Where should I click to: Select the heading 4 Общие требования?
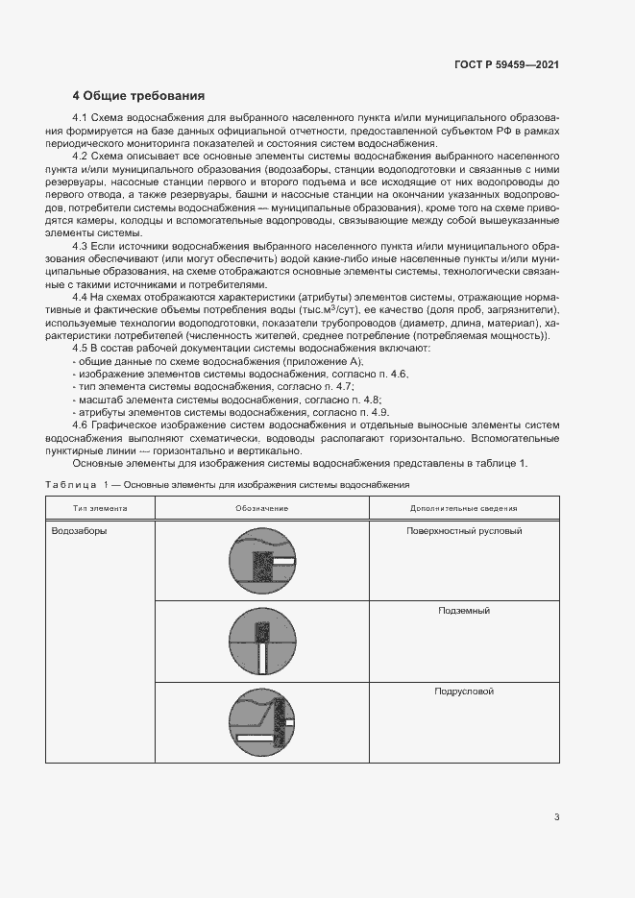tap(138, 96)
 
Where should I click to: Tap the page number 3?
tap(556, 817)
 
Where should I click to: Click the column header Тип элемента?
tap(100, 508)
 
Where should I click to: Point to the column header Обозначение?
tap(261, 508)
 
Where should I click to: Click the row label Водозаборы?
tap(79, 530)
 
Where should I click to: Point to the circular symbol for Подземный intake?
tap(262, 642)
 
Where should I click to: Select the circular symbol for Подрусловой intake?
tap(262, 722)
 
